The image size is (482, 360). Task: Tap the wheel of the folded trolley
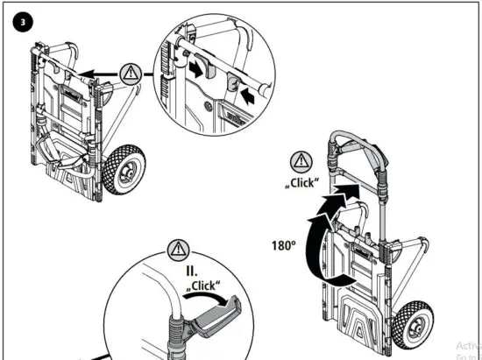click(117, 171)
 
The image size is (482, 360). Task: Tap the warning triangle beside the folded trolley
click(131, 73)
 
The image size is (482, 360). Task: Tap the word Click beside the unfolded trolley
click(302, 183)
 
